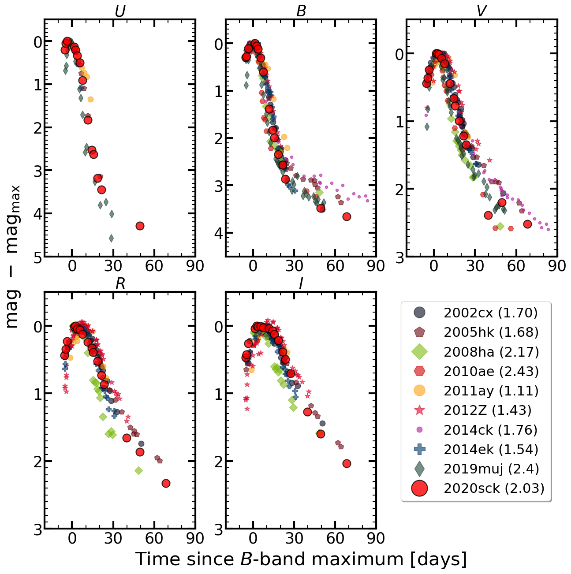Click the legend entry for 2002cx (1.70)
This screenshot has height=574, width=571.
point(490,313)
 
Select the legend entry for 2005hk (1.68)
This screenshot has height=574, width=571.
point(491,332)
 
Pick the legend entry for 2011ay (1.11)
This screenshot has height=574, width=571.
point(491,391)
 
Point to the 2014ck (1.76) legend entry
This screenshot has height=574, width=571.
point(490,430)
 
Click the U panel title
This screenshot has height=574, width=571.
point(120,11)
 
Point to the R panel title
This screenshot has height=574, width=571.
point(120,283)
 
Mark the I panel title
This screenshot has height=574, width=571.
point(301,283)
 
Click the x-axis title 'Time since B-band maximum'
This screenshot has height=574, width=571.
point(301,559)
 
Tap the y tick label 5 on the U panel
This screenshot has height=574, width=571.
point(38,257)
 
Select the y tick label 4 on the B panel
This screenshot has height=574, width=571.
point(219,233)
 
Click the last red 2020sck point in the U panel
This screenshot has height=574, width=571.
point(140,226)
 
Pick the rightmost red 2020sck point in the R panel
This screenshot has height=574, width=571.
point(166,483)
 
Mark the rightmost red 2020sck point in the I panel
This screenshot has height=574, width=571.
point(347,463)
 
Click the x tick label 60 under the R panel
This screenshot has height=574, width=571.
point(154,538)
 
